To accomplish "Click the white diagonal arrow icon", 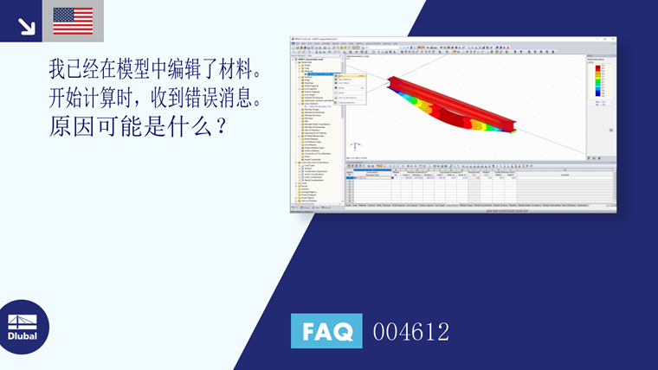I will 26,26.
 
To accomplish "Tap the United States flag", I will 73,21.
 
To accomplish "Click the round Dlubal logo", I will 23,327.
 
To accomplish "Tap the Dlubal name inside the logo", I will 23,336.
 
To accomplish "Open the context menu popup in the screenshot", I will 350,88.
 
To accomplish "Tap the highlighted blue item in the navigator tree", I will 325,73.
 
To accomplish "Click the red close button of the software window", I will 613,39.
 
